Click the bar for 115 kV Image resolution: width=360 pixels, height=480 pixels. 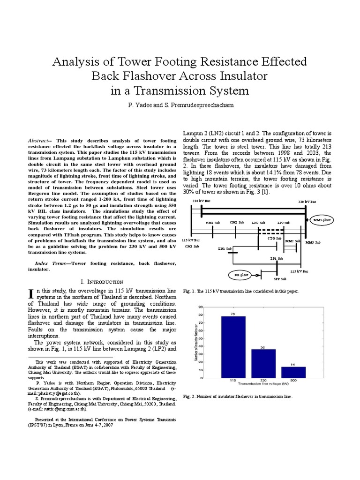[x=233, y=346]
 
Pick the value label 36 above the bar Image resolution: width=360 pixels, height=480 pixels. [x=263, y=347]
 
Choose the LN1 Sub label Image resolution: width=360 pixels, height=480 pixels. [x=225, y=248]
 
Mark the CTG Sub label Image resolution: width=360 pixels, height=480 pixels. [x=274, y=239]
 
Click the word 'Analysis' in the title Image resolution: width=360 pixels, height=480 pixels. [x=77, y=61]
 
